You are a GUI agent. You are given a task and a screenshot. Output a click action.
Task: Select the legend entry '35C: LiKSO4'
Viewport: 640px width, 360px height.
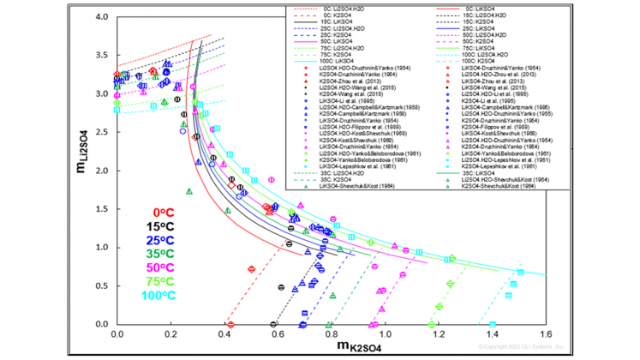(x=485, y=172)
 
